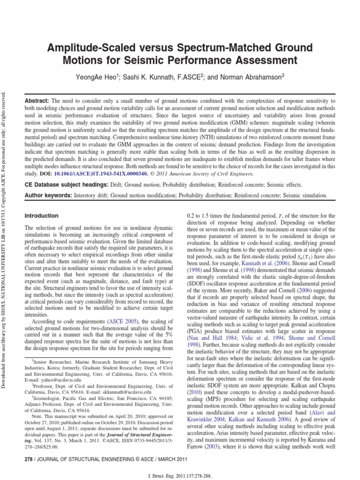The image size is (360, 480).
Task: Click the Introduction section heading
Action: point(41,216)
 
